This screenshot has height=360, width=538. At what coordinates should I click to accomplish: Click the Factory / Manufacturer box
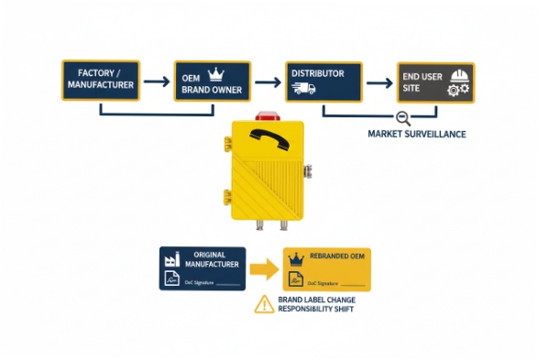tap(100, 80)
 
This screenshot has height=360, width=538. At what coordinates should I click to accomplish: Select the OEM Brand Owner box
tap(212, 80)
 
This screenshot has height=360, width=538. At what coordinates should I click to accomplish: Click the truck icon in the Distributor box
tap(303, 89)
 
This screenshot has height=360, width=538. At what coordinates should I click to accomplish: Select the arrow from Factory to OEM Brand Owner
tap(156, 82)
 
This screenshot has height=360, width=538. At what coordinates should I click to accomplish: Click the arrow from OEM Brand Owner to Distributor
tap(267, 82)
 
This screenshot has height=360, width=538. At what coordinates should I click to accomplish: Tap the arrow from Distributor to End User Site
tap(380, 82)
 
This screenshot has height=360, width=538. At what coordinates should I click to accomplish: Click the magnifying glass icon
tap(402, 117)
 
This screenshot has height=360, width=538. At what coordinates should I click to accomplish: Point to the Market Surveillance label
tap(416, 134)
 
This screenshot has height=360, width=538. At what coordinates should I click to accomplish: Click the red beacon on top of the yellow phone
tap(269, 115)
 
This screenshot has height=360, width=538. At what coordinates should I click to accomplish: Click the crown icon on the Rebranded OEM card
tap(297, 260)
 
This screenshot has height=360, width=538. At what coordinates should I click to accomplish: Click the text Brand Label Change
tap(316, 299)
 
